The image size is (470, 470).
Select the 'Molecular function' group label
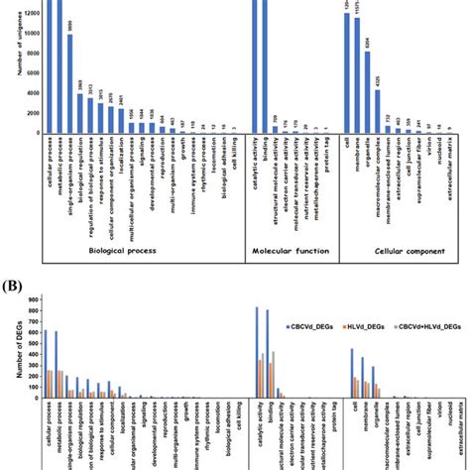pos(291,251)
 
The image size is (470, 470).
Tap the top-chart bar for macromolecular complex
pos(381,112)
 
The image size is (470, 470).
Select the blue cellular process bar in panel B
pos(45,364)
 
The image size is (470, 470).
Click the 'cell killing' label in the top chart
pos(231,154)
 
